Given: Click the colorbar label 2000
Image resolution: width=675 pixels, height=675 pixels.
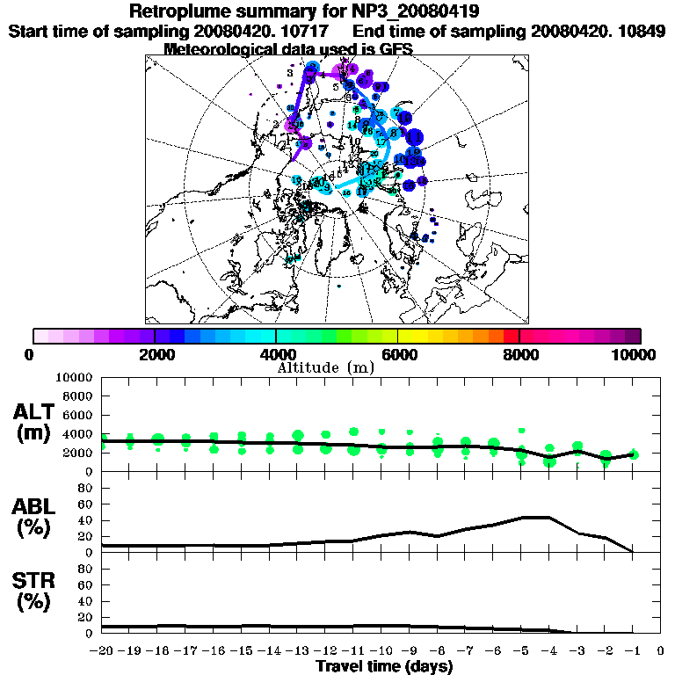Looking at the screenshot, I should (x=156, y=355).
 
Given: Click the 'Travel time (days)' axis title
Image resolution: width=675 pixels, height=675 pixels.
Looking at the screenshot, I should (x=384, y=666).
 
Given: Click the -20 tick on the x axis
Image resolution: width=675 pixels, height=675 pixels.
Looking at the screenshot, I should (x=102, y=651).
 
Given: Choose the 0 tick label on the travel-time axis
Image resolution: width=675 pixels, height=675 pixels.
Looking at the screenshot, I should (x=660, y=651).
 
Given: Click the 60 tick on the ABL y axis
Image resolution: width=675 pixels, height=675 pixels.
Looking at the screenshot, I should (x=87, y=504).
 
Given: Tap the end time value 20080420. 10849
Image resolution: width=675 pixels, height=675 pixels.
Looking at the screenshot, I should (x=598, y=31).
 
